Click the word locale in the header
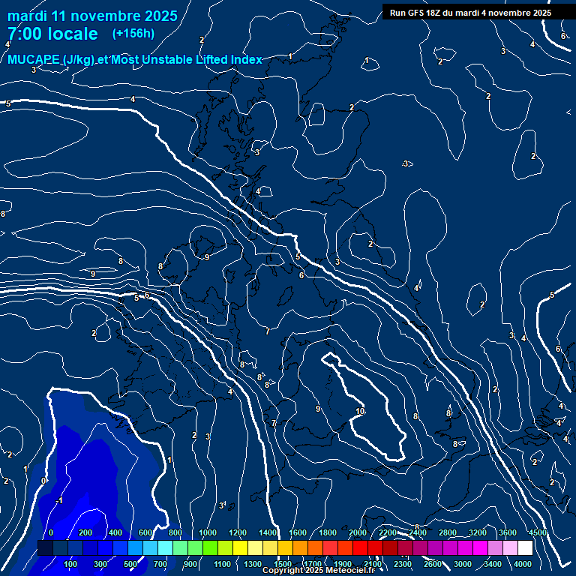point(70,34)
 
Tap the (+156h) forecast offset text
point(133,33)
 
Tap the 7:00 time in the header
point(23,34)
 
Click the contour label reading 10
point(360,411)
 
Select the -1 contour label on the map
point(60,500)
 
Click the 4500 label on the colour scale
point(537,532)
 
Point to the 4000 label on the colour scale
point(523,564)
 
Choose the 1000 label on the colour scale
point(208,532)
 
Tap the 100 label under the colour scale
point(71,564)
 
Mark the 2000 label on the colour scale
point(358,532)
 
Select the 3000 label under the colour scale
point(463,564)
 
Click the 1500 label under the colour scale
point(283,564)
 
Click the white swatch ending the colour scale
point(525,548)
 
